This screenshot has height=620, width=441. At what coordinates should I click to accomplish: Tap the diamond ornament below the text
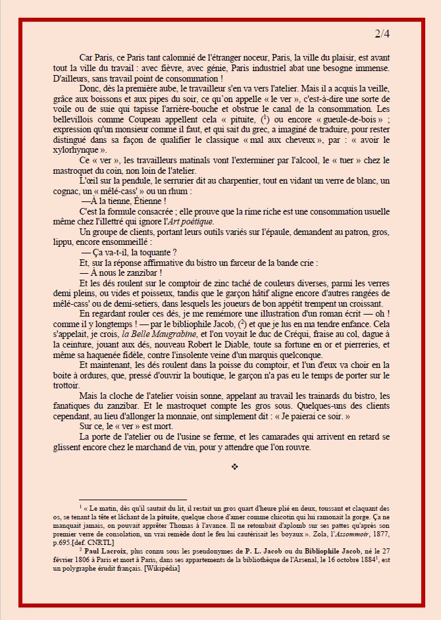point(235,467)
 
